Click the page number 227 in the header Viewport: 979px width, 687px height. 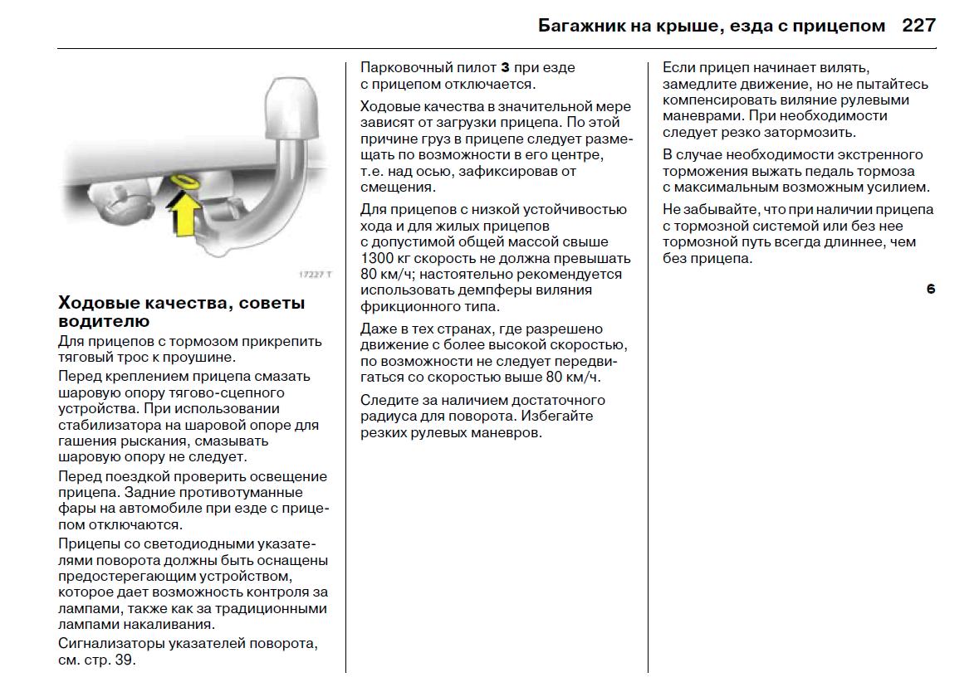pyautogui.click(x=918, y=25)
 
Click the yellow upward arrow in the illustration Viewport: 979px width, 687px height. pyautogui.click(x=186, y=212)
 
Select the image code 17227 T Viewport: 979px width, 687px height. pyautogui.click(x=315, y=275)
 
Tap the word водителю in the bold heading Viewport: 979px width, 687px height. pyautogui.click(x=104, y=321)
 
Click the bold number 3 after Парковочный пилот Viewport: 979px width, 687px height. pyautogui.click(x=503, y=67)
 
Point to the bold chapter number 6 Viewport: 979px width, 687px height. pyautogui.click(x=931, y=290)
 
